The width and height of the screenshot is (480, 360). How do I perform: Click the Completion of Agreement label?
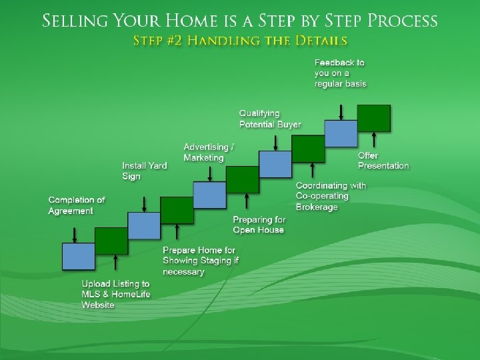click(x=77, y=205)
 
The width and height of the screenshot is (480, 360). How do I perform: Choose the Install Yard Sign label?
click(x=144, y=171)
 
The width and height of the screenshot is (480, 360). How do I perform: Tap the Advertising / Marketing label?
click(x=209, y=152)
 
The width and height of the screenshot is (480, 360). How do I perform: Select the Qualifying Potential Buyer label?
click(x=270, y=119)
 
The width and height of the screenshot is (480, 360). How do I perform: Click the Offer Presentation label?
click(x=383, y=161)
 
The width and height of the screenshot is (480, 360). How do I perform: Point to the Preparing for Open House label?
click(x=259, y=225)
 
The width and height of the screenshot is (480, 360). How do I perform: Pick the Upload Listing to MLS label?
click(x=115, y=294)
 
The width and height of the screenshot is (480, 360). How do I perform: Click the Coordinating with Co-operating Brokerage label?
click(x=331, y=196)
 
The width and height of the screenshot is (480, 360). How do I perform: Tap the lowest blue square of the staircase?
click(x=79, y=257)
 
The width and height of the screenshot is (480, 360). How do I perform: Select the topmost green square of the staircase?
click(x=374, y=118)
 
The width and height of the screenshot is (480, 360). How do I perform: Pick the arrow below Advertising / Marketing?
click(x=210, y=173)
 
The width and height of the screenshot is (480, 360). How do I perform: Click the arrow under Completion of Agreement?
click(x=74, y=234)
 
